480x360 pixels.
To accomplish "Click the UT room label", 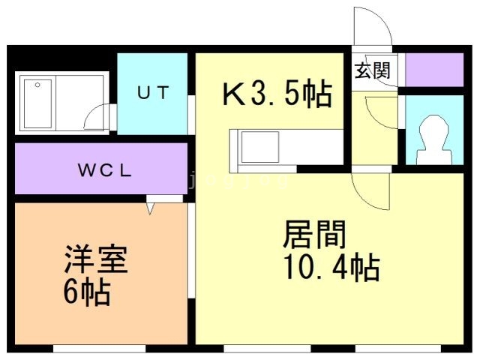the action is click(x=153, y=92).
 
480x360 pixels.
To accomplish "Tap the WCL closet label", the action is click(x=105, y=170).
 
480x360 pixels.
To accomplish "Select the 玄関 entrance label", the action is click(x=373, y=70).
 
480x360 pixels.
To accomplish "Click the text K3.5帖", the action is click(x=277, y=93).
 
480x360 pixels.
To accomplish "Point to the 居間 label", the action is click(x=314, y=234).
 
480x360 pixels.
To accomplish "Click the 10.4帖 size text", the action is click(x=331, y=267).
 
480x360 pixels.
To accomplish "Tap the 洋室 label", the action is click(x=96, y=259).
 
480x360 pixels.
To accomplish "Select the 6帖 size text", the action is click(x=87, y=291).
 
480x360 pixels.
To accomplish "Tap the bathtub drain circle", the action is click(x=37, y=85).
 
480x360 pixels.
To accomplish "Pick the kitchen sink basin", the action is click(x=260, y=147).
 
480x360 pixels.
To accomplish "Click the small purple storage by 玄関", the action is click(x=434, y=70).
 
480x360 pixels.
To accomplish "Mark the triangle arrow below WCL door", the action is click(x=150, y=209).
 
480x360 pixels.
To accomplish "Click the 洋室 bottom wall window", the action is click(x=100, y=348).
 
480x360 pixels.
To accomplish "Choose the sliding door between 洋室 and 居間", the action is click(x=191, y=250).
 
